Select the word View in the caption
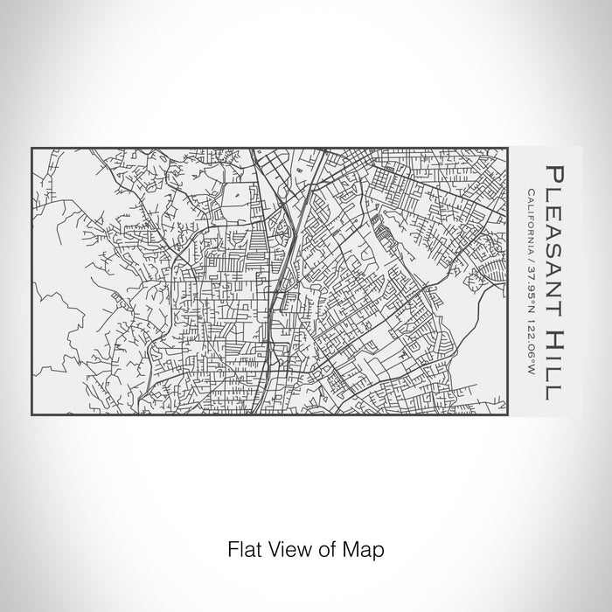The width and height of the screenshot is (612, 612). pos(282,551)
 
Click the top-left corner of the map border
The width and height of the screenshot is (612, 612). pos(31,147)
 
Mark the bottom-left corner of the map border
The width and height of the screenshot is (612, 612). pos(31,414)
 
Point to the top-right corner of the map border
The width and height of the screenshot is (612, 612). pos(506,147)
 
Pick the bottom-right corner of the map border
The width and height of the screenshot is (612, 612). pos(506,414)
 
